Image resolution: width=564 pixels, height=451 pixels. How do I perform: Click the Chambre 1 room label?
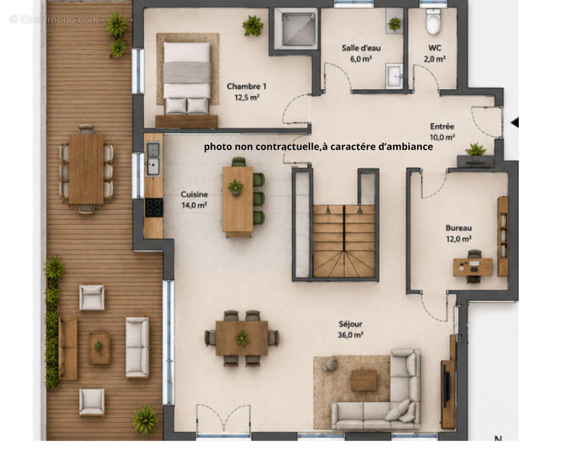pos(246,92)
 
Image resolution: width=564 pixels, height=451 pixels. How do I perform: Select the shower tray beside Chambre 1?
pos(296,29)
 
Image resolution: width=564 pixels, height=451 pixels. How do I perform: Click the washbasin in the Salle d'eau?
pos(394,76)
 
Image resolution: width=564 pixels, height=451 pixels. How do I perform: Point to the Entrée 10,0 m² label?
pos(442,131)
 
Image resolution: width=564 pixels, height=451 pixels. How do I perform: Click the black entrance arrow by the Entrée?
pos(515,123)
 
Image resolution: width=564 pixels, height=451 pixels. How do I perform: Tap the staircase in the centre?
pos(344,241)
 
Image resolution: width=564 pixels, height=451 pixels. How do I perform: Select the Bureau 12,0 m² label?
pos(459,233)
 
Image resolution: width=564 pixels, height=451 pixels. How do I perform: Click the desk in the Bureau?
pos(473,267)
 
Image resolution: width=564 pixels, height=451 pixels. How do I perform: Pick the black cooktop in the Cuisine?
pos(154,207)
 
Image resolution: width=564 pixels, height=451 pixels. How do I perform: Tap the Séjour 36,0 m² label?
pos(350,329)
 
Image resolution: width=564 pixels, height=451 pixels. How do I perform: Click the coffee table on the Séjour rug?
pos(364,380)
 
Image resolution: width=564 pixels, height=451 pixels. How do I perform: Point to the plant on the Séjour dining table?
pos(242,338)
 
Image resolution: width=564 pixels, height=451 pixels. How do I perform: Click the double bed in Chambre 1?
pos(187,78)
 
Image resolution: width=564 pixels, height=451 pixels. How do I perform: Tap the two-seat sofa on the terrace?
pos(136,347)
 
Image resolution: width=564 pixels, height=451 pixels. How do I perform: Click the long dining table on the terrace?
pos(86,169)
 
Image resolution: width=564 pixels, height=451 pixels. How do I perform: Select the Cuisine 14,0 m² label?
pos(194,200)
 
